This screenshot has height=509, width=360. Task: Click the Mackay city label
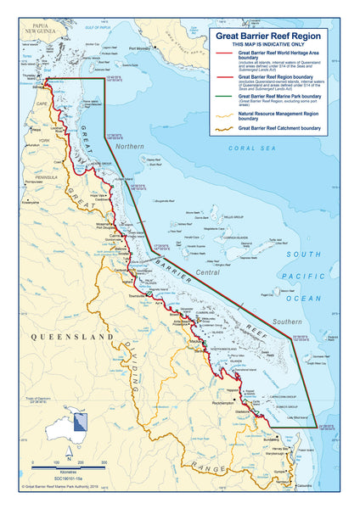click(x=196, y=341)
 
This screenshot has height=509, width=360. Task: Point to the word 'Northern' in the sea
click(x=129, y=147)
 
